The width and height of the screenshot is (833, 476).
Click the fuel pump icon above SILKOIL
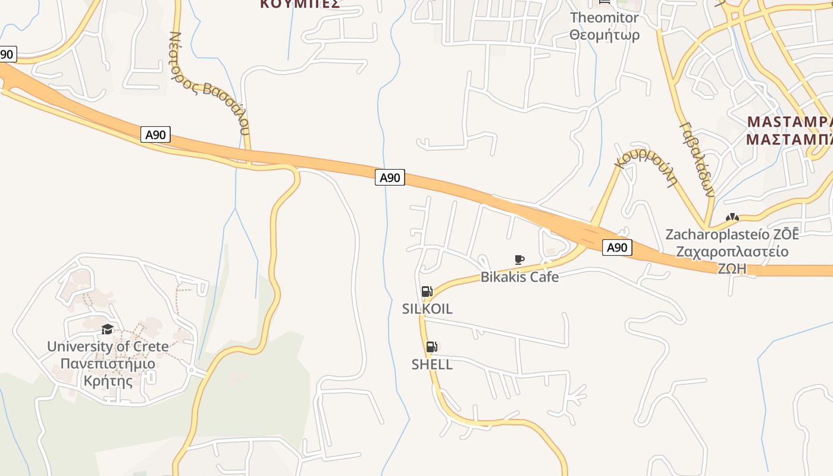(427, 291)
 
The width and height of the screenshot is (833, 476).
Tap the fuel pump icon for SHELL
(431, 347)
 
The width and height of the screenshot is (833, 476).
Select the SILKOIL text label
(427, 309)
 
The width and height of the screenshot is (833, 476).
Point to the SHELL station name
(432, 364)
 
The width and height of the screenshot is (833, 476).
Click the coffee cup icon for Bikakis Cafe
(519, 259)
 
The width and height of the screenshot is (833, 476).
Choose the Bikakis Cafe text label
(519, 277)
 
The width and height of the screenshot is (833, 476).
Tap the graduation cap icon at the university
(107, 329)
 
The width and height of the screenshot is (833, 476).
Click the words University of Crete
(108, 346)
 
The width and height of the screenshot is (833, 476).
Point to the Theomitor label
(605, 18)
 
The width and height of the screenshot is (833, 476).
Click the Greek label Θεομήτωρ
(605, 35)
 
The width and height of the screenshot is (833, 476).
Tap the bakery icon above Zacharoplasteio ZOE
(732, 218)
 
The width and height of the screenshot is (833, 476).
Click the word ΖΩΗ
(732, 268)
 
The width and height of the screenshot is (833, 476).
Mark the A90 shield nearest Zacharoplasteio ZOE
(616, 248)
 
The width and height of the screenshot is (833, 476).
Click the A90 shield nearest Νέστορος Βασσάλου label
(155, 134)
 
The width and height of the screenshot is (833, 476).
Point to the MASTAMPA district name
(789, 122)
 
